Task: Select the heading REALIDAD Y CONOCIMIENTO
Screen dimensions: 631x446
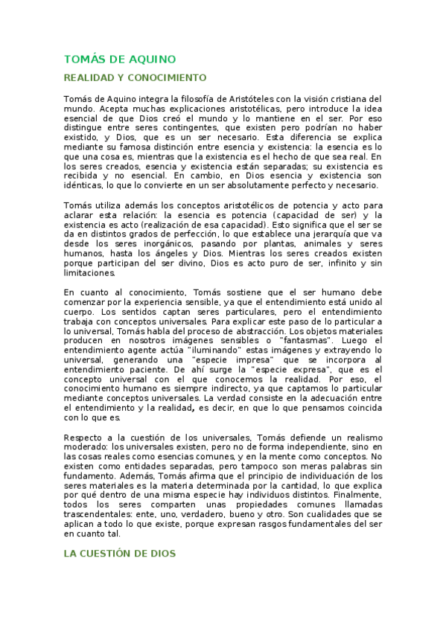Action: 135,77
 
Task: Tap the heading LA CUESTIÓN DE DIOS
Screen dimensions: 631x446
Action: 119,554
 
